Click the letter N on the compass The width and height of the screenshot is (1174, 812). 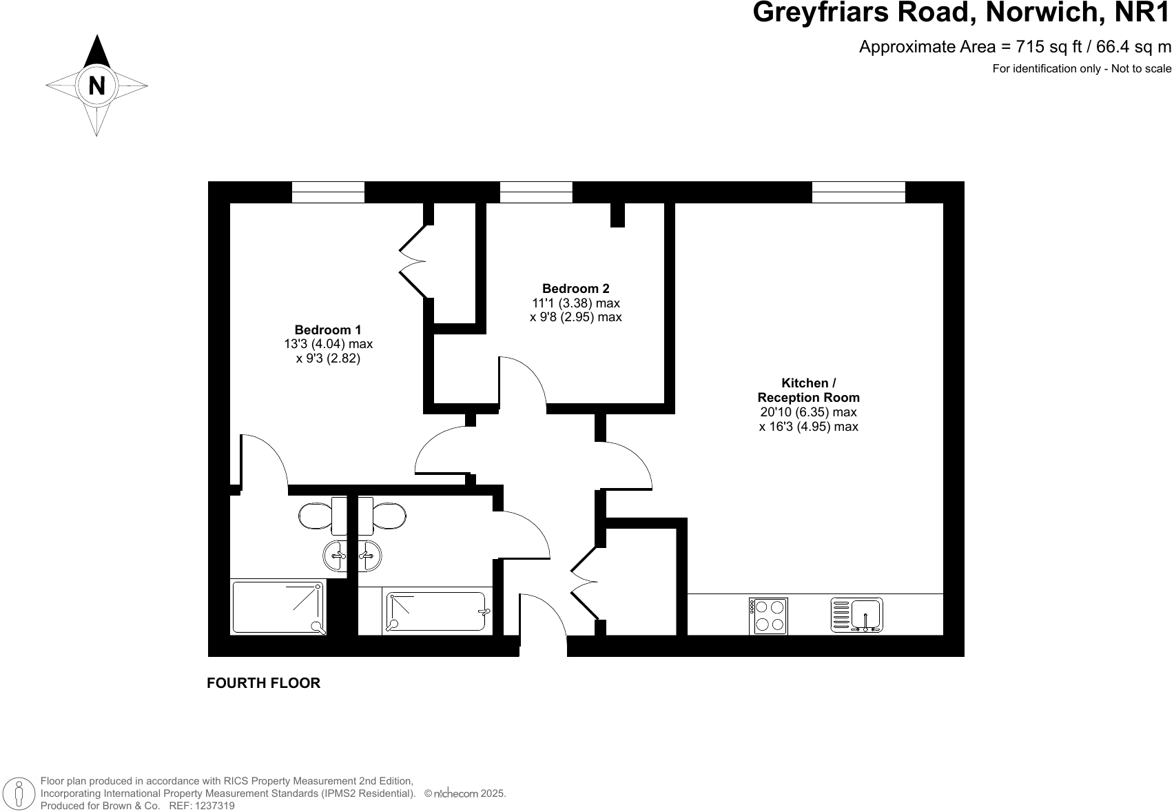point(97,86)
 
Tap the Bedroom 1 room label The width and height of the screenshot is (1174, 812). point(327,330)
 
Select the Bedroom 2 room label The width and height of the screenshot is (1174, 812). point(575,289)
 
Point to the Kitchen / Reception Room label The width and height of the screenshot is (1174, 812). point(808,390)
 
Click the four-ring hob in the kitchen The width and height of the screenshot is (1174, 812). point(768,616)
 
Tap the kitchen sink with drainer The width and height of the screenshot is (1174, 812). point(857,615)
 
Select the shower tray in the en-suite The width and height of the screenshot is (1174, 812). point(278,607)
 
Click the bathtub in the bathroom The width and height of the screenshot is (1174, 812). point(436,611)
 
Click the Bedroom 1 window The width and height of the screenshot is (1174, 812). point(328,192)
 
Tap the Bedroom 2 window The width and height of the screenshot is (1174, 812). point(536,192)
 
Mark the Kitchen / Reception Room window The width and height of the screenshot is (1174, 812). point(858,192)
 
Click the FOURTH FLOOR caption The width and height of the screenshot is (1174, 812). point(264,683)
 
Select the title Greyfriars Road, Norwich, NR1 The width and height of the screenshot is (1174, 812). point(962,12)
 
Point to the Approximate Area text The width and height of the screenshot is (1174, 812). point(1015,47)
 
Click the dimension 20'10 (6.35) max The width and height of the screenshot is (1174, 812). point(808,412)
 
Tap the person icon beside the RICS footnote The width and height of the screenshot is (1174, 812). point(21,793)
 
